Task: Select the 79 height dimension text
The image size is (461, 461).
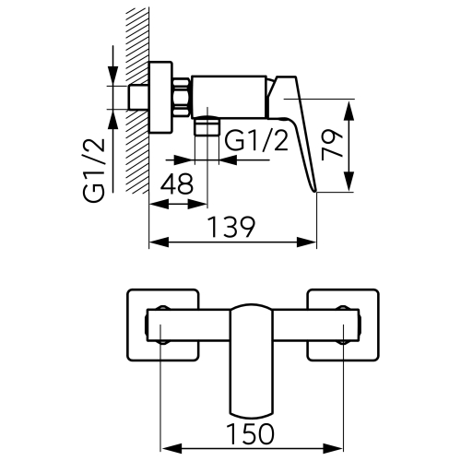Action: pyautogui.click(x=334, y=146)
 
